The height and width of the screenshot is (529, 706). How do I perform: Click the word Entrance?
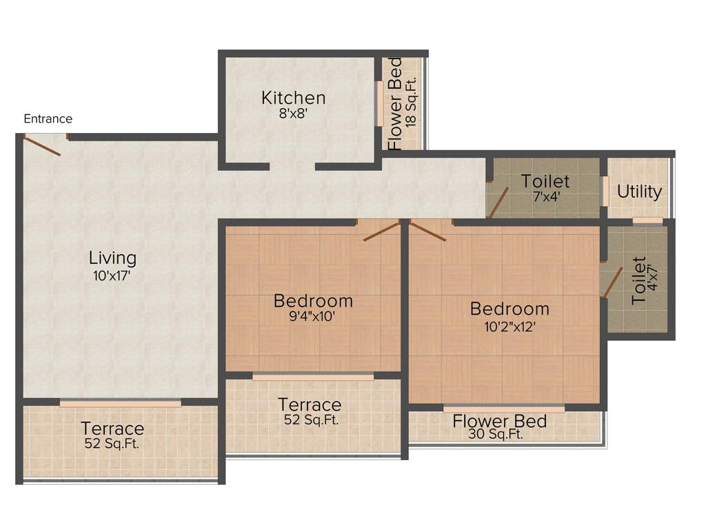click(48, 118)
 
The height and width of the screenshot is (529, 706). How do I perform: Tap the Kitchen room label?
click(293, 98)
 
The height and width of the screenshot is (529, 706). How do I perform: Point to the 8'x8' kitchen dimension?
click(293, 114)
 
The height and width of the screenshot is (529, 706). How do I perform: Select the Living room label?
click(112, 258)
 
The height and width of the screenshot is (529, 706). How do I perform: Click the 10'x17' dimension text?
click(112, 276)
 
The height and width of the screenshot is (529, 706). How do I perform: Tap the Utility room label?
click(639, 191)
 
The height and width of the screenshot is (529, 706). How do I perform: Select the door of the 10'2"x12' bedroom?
click(428, 231)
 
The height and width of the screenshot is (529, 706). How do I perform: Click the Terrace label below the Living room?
click(112, 428)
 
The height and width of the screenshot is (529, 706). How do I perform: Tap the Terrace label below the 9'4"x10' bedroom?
click(309, 404)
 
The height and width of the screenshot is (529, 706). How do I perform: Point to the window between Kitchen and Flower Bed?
click(379, 104)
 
